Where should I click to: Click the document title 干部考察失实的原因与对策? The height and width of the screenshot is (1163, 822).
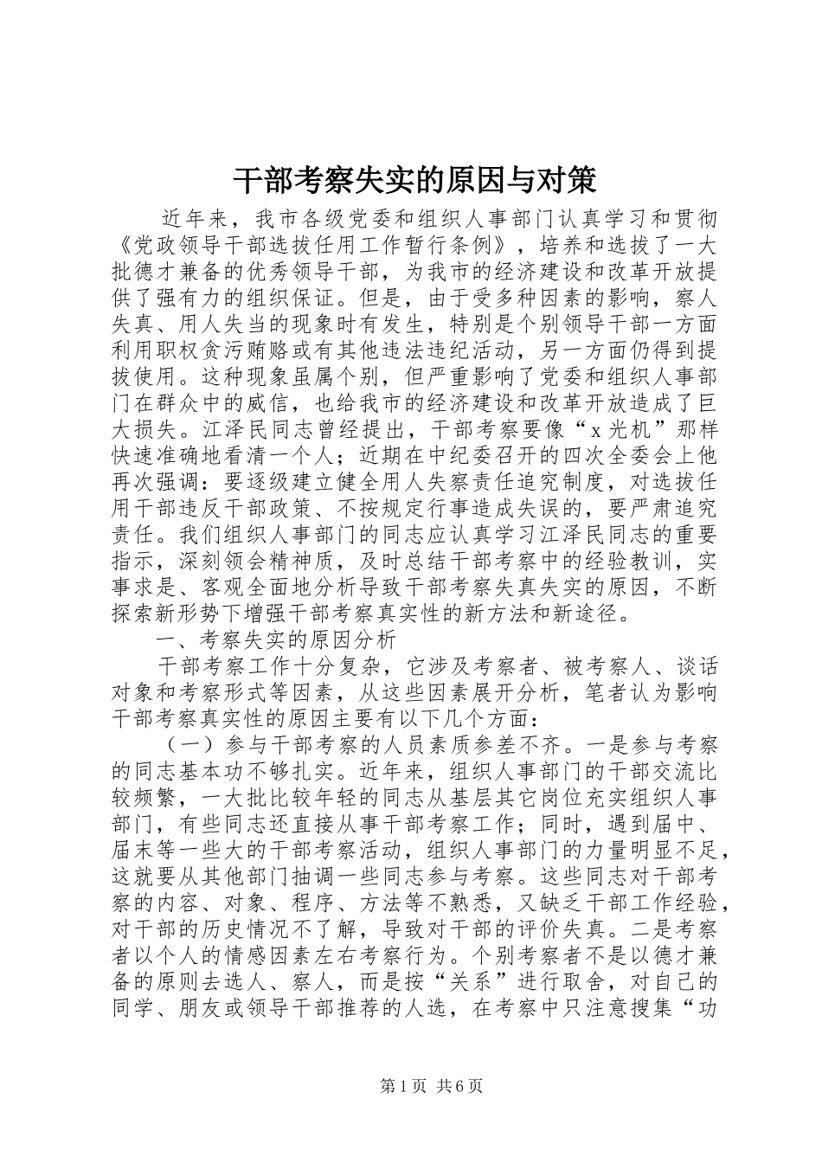tap(414, 182)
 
